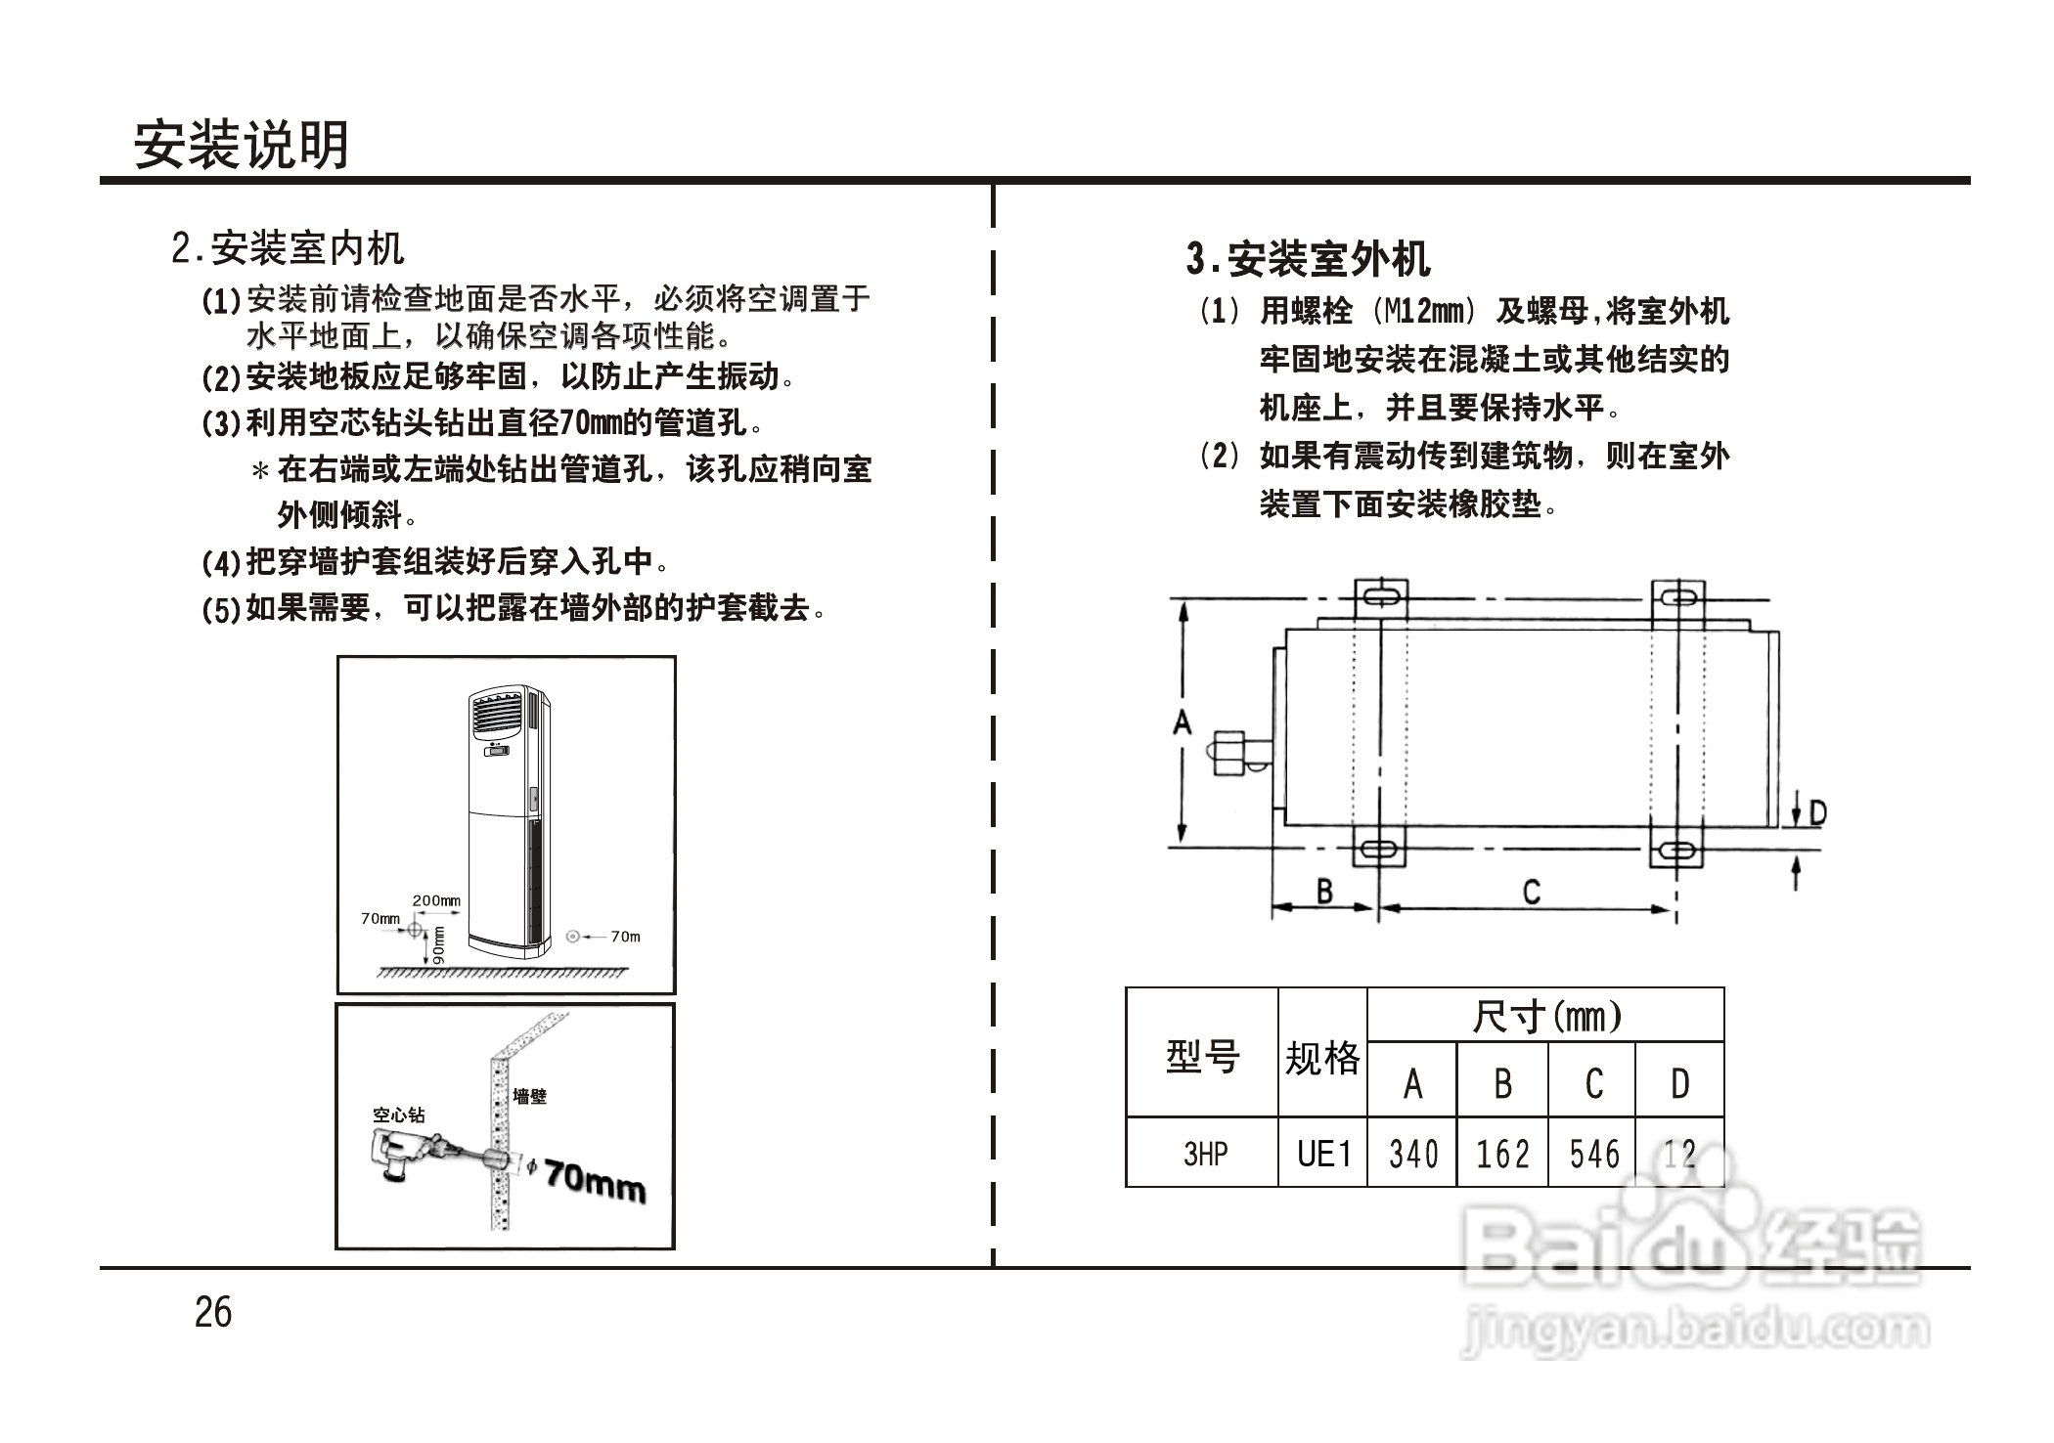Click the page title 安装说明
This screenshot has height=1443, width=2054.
click(x=241, y=146)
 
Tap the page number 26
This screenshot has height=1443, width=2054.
click(x=213, y=1312)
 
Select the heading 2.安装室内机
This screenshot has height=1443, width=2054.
click(x=288, y=248)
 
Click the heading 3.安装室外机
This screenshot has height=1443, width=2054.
click(x=1308, y=259)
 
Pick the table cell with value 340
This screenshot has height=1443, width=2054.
click(x=1412, y=1155)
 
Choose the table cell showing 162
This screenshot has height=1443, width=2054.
click(x=1502, y=1155)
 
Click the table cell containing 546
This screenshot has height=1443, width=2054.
click(x=1593, y=1155)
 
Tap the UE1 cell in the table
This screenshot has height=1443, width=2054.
click(x=1323, y=1155)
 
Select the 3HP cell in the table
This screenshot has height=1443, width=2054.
click(x=1205, y=1155)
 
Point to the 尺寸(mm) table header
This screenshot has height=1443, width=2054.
click(x=1545, y=1017)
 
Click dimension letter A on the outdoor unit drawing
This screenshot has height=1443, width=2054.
click(x=1183, y=723)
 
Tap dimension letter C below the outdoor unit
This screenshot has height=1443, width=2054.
click(x=1532, y=892)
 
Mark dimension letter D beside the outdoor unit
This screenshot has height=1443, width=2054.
click(x=1817, y=813)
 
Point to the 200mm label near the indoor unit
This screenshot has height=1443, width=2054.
click(x=435, y=900)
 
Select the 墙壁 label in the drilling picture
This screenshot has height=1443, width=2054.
click(x=530, y=1097)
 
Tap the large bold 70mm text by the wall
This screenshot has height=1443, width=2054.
click(x=596, y=1181)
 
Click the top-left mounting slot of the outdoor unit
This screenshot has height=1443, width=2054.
click(x=1380, y=595)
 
